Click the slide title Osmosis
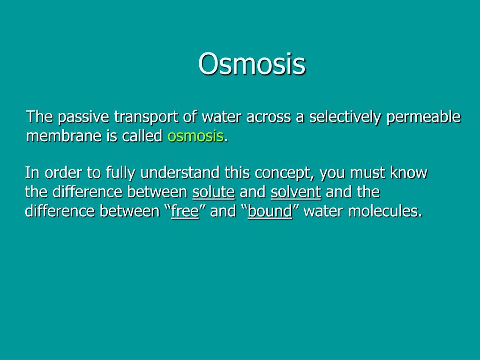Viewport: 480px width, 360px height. [252, 64]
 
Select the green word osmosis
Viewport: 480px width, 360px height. [195, 136]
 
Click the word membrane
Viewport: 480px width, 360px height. [64, 135]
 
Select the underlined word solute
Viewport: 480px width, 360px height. [214, 192]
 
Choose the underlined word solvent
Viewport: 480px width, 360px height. [296, 192]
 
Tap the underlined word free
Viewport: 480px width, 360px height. [185, 211]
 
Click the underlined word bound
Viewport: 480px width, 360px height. [270, 211]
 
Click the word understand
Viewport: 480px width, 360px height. [180, 172]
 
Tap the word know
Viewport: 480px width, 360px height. [408, 172]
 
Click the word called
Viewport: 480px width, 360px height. [142, 135]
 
